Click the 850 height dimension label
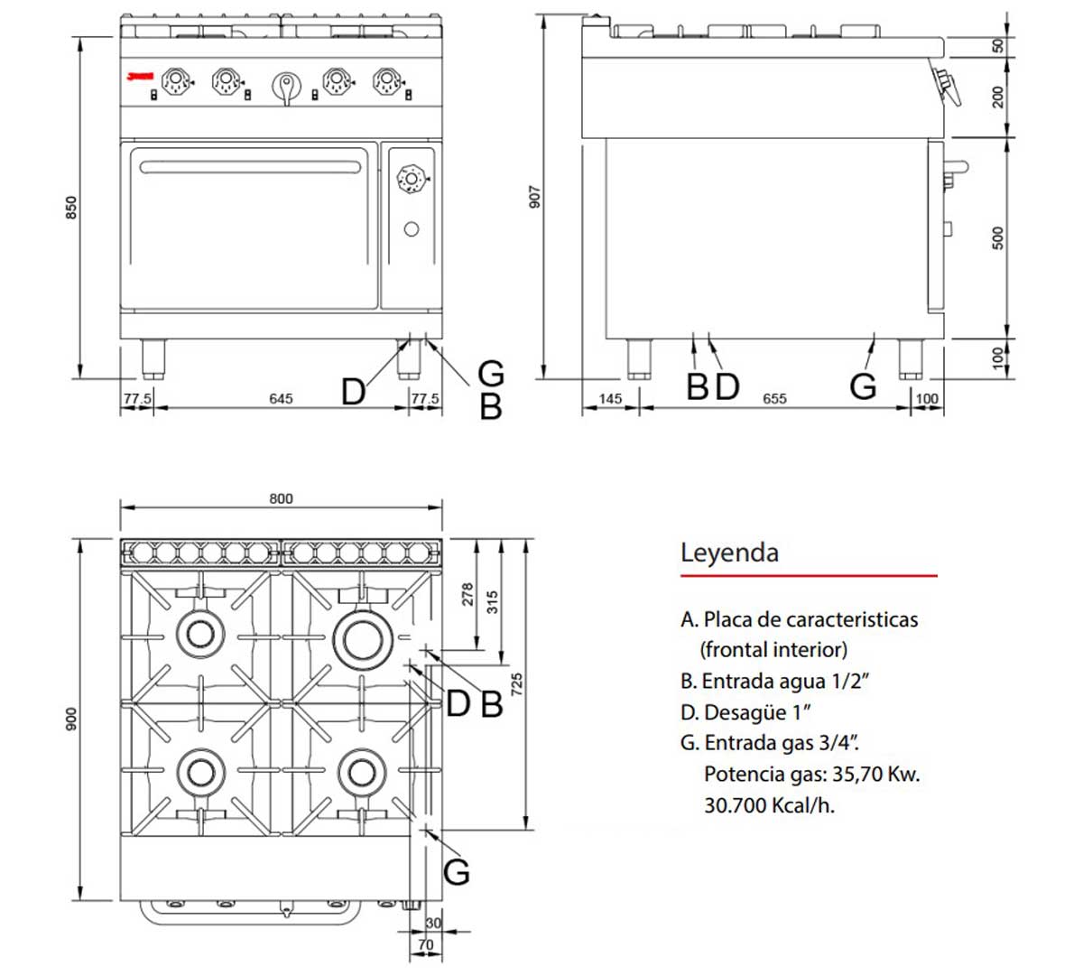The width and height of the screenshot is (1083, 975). (72, 207)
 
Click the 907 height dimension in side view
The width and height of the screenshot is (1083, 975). (534, 198)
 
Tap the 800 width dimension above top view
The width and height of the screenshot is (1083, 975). (281, 498)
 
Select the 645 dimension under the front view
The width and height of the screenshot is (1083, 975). (281, 398)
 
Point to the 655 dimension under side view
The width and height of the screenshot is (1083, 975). (774, 398)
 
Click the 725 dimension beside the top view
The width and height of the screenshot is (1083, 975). (517, 683)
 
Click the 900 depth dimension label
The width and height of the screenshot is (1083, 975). (72, 720)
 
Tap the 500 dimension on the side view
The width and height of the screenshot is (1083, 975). (997, 237)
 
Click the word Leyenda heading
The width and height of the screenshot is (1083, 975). (729, 552)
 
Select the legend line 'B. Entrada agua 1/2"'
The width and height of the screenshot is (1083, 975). (774, 681)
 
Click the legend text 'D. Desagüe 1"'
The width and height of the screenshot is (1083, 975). (746, 712)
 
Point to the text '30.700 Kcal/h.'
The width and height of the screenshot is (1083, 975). (769, 805)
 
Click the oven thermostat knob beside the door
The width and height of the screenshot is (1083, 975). (412, 179)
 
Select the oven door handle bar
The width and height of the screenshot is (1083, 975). (250, 166)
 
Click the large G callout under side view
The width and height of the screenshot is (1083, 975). (863, 386)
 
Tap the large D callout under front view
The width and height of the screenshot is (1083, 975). (353, 392)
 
